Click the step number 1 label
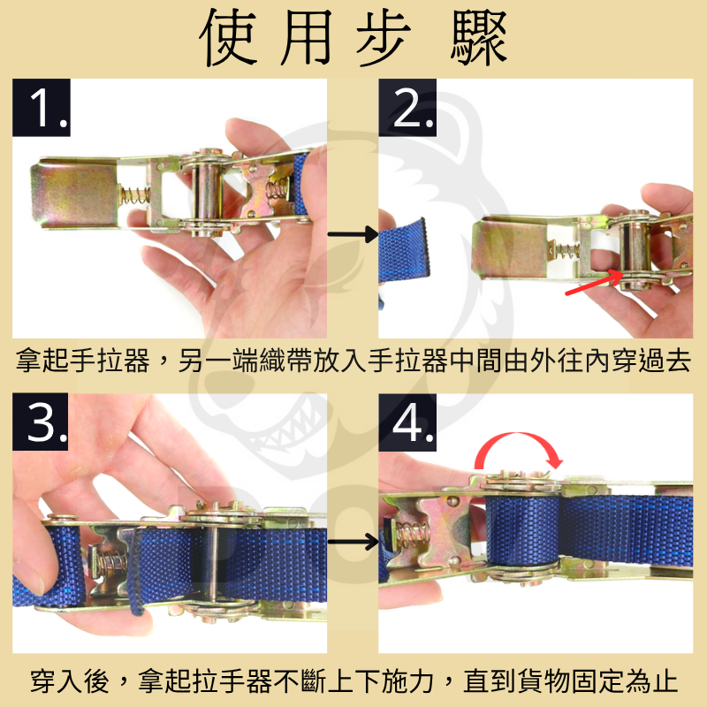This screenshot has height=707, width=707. pyautogui.click(x=42, y=109)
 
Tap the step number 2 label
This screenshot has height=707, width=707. pyautogui.click(x=407, y=109)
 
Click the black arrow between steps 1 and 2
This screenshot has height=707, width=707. pyautogui.click(x=353, y=234)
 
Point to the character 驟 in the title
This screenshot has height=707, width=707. pyautogui.click(x=478, y=40)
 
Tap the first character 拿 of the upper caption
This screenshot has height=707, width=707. pyautogui.click(x=29, y=361)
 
